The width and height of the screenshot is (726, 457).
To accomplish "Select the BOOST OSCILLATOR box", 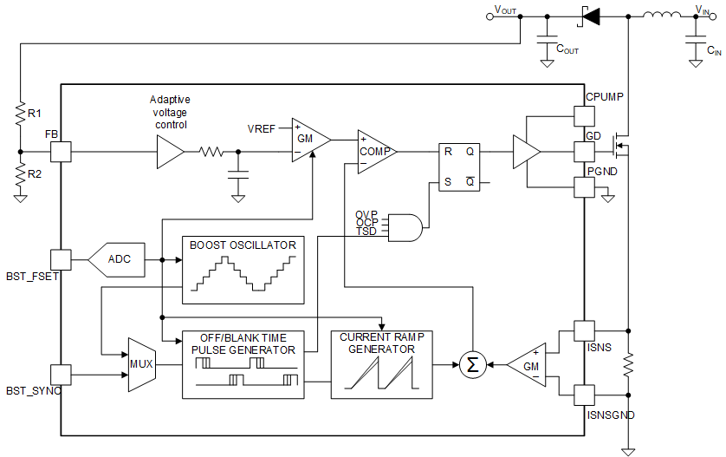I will (x=243, y=270).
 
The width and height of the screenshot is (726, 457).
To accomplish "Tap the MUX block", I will (x=141, y=364).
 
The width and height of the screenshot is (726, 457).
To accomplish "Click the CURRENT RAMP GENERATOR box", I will (x=381, y=364).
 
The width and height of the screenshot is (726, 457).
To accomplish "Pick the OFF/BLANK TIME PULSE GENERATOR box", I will (x=243, y=364).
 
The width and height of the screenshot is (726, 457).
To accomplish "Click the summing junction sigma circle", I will (x=472, y=365).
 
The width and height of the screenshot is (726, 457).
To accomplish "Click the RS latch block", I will (x=458, y=166).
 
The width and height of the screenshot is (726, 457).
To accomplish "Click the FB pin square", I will (x=61, y=151).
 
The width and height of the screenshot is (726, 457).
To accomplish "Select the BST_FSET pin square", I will (x=61, y=259).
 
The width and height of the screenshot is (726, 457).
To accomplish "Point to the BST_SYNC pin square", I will (x=61, y=375).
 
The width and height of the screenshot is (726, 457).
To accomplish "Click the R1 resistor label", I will (x=34, y=113).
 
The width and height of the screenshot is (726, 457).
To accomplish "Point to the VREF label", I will (x=262, y=129).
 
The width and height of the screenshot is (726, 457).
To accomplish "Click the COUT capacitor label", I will (x=567, y=51).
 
